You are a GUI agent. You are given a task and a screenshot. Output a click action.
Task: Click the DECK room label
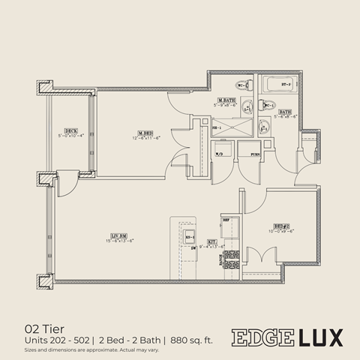tap(71, 130)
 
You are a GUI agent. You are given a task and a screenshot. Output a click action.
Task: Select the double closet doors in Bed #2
tap(259, 262)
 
